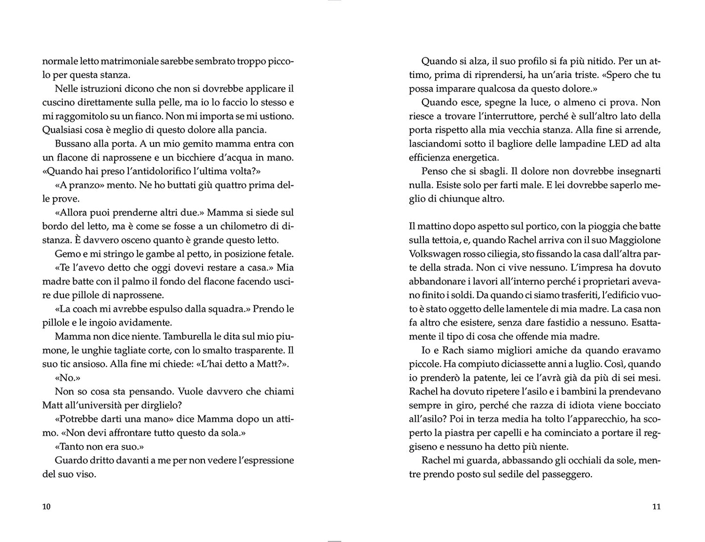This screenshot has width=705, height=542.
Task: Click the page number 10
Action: pyautogui.click(x=46, y=506)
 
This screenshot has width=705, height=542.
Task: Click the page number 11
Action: pyautogui.click(x=656, y=506)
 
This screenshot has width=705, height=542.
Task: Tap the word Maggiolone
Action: pyautogui.click(x=634, y=240)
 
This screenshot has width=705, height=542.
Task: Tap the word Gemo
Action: pyautogui.click(x=65, y=254)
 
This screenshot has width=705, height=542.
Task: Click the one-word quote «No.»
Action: pyautogui.click(x=67, y=378)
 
